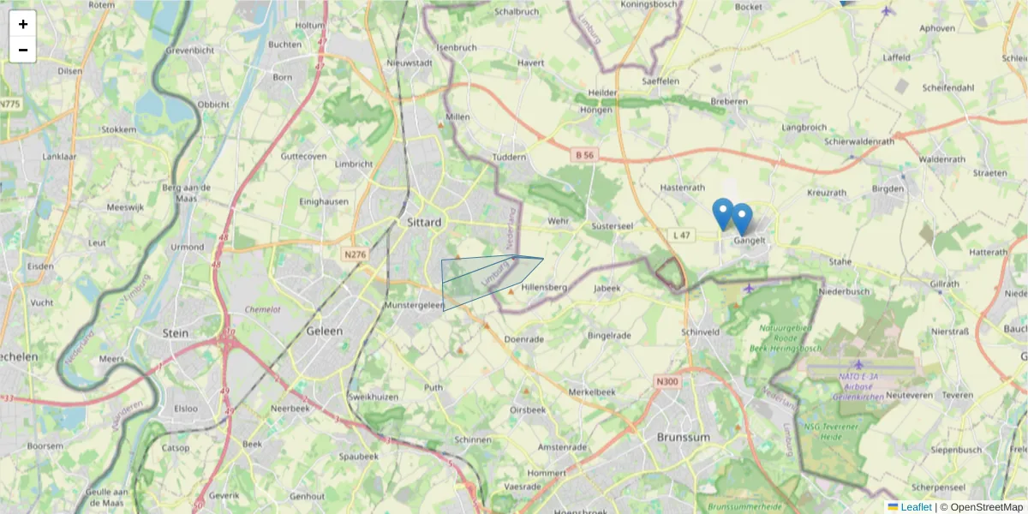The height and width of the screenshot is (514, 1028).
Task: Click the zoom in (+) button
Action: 23,24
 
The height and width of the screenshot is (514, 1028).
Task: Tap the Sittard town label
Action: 424,223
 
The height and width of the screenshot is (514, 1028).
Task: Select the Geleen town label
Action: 325,331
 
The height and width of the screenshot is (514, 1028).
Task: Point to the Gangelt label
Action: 749,241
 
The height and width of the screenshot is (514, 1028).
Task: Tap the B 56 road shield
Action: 584,155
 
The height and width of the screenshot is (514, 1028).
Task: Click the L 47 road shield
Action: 682,234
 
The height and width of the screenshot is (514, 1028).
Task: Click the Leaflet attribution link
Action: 915,507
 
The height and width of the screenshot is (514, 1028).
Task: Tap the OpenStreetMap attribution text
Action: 986,507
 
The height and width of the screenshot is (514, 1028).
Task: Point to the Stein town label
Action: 175,332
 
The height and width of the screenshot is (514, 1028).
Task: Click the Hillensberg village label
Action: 544,288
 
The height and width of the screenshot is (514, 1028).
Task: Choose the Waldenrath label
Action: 942,159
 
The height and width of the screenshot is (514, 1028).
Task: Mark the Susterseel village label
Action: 612,226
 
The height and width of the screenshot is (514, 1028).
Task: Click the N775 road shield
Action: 9,104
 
